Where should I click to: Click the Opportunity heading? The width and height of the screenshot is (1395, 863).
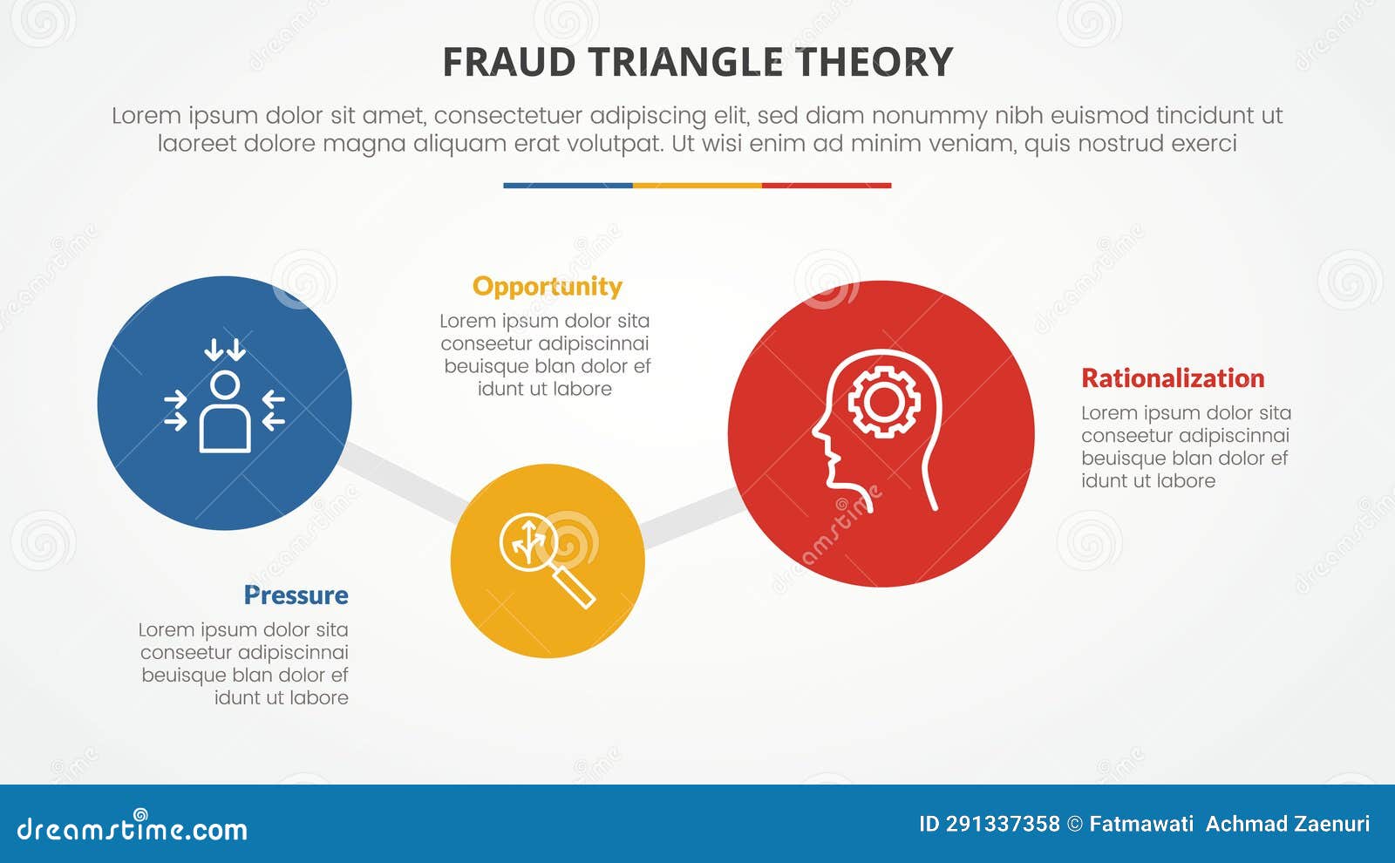[547, 287]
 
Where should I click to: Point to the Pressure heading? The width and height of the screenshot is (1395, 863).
[296, 595]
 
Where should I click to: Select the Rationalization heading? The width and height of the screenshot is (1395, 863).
[1172, 378]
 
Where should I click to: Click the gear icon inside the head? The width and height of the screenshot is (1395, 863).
[884, 402]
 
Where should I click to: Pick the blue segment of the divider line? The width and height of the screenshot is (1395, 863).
[568, 186]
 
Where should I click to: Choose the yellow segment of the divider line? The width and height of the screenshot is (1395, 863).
[697, 186]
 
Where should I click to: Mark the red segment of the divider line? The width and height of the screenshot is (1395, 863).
[826, 186]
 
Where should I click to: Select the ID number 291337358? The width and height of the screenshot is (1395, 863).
[1003, 824]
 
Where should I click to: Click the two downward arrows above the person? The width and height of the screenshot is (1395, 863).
[225, 350]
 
